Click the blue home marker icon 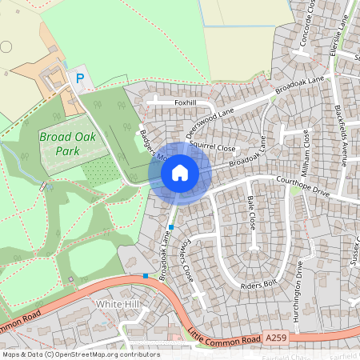180,173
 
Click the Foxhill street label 185,102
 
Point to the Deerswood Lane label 214,124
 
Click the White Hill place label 117,305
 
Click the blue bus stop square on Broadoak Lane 171,228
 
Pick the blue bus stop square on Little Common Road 146,275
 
